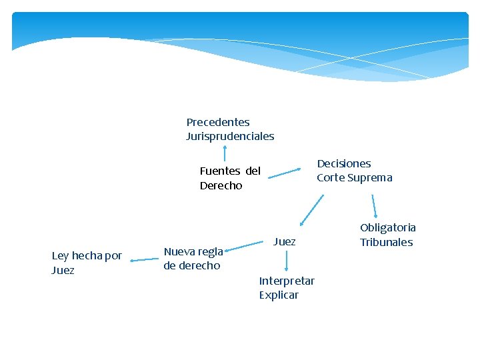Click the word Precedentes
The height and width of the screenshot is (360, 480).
(x=218, y=122)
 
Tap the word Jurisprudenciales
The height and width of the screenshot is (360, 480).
(x=230, y=136)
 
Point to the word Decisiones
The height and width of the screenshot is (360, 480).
(x=344, y=163)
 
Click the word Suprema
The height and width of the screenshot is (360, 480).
(x=370, y=177)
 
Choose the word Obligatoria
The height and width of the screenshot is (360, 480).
(x=388, y=228)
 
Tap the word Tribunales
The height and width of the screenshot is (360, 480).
(x=387, y=242)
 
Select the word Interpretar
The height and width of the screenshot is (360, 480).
(x=287, y=281)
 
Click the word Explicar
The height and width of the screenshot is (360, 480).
(x=279, y=295)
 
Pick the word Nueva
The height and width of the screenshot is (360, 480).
(x=179, y=251)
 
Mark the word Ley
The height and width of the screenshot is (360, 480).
(x=60, y=256)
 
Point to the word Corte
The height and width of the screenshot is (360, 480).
(x=331, y=177)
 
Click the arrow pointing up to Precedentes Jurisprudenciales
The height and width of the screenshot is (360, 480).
(x=225, y=154)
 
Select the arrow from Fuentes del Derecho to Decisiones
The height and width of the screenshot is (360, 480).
(x=285, y=173)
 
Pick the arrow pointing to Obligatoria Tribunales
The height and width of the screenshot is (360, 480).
(x=374, y=206)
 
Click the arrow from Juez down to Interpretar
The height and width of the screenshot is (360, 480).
(x=287, y=261)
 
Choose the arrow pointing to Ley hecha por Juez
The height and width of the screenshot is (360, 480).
(x=143, y=260)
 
